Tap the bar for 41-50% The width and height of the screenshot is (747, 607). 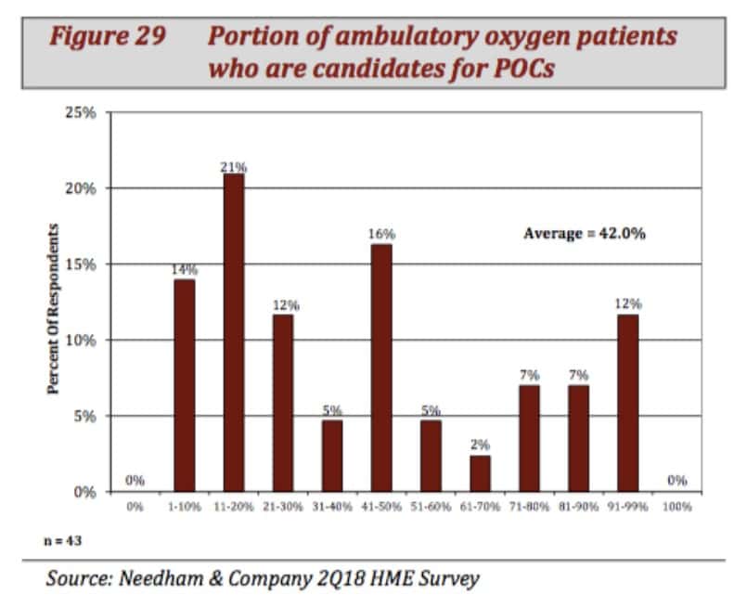tap(380, 368)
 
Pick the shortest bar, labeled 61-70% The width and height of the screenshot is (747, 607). tap(479, 473)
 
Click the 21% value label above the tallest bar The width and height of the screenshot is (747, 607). tap(234, 167)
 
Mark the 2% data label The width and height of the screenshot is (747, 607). tap(479, 446)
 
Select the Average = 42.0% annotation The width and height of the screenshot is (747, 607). tap(584, 234)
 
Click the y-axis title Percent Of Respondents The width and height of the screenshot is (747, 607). tap(54, 307)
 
